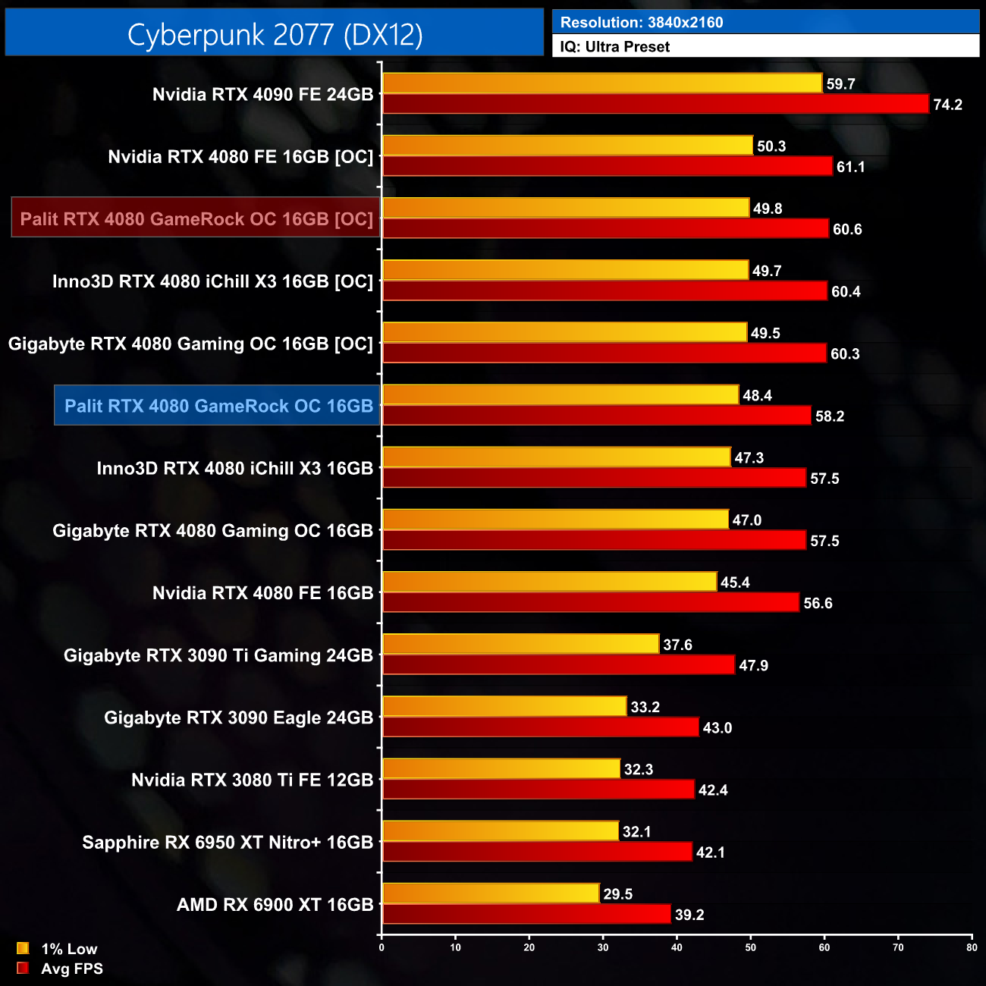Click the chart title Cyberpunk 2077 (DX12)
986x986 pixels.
(x=275, y=34)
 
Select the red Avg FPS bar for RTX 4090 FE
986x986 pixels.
(x=655, y=104)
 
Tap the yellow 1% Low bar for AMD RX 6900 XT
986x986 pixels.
(x=491, y=893)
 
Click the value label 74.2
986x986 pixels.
(x=947, y=105)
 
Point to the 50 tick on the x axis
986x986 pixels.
(x=750, y=947)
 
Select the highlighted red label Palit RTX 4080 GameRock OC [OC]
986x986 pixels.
(x=196, y=219)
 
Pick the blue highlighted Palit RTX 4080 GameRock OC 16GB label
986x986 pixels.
(x=218, y=406)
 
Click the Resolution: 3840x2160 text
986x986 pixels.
(x=642, y=23)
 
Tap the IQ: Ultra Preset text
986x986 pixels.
(x=614, y=47)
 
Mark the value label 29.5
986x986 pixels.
(x=617, y=894)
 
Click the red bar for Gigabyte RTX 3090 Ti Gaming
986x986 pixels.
(x=558, y=665)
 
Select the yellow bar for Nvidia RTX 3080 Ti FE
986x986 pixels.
(x=501, y=769)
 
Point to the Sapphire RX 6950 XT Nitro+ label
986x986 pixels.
(x=228, y=843)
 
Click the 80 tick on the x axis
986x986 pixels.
(x=972, y=947)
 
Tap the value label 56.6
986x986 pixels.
(x=818, y=604)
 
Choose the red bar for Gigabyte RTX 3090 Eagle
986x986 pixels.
(x=540, y=727)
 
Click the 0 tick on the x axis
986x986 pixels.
(x=382, y=947)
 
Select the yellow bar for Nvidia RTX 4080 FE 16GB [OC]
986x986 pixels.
(x=567, y=146)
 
